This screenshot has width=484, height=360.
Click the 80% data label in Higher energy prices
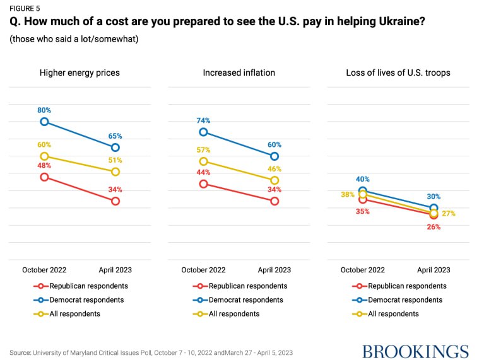[44, 110]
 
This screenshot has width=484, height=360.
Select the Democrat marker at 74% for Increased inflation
[203, 132]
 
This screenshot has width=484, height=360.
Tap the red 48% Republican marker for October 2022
[44, 177]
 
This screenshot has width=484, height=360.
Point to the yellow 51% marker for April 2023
[115, 171]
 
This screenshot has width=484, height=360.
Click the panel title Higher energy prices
[80, 73]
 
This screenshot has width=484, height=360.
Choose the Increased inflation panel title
[239, 73]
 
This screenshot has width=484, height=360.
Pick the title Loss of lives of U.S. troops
[398, 73]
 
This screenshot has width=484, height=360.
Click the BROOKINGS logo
[415, 351]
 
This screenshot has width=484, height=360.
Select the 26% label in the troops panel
[434, 227]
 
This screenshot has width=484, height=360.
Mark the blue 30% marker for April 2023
[434, 208]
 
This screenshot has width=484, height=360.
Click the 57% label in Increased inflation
[203, 150]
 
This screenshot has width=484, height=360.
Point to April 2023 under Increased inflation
[274, 270]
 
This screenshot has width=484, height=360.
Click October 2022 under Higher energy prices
[44, 270]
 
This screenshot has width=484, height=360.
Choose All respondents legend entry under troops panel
[393, 313]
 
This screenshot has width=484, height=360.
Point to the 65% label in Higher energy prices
[115, 136]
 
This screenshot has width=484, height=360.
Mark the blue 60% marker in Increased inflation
[274, 156]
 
